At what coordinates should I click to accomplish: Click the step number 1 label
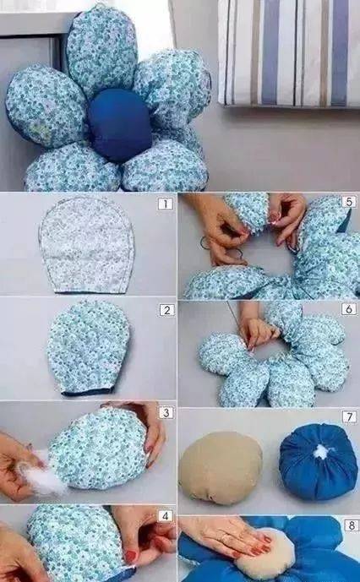click(166, 204)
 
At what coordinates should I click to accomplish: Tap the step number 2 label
click(166, 310)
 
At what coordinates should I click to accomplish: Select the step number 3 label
click(166, 413)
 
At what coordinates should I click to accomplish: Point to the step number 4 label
click(166, 516)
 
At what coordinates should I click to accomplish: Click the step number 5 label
click(349, 202)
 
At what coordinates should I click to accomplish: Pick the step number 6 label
click(348, 309)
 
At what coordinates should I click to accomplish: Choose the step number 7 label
click(349, 416)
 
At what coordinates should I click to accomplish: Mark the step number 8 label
click(352, 525)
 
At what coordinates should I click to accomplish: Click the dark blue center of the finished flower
click(120, 125)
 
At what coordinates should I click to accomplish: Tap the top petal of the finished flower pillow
click(101, 50)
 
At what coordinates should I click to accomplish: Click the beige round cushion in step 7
click(221, 468)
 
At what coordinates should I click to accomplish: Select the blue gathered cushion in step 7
click(319, 462)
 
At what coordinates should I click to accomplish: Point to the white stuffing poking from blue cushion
click(321, 452)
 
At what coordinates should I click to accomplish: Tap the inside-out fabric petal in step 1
click(86, 245)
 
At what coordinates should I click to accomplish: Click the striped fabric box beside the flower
click(289, 52)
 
